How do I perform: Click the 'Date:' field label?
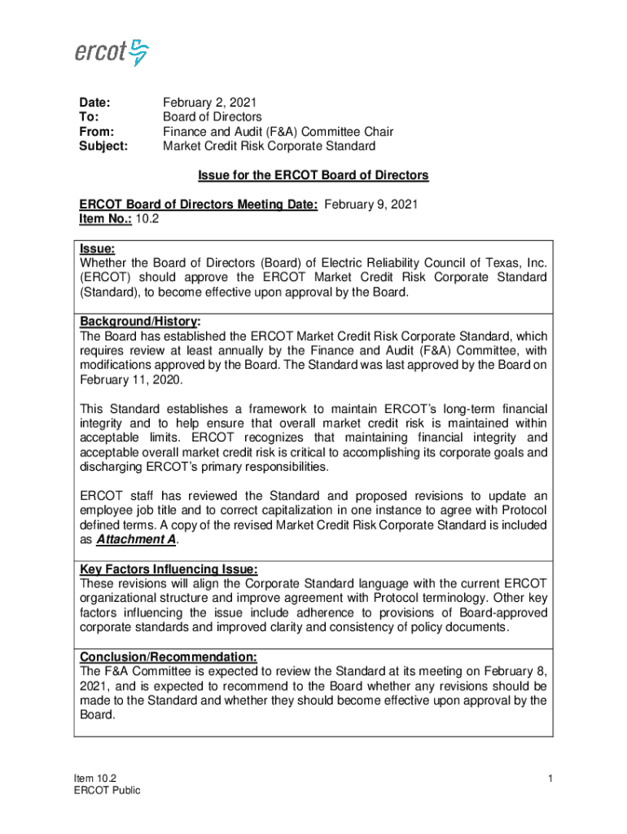(94, 103)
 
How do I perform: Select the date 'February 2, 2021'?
(209, 103)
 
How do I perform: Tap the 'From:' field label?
(96, 132)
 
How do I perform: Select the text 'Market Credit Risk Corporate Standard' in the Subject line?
(269, 147)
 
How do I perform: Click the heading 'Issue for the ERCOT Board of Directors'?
(313, 175)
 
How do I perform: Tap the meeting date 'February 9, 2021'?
(370, 205)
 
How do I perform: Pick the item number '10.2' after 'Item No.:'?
(147, 220)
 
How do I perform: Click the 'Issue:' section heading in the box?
(97, 248)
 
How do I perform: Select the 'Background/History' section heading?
(139, 322)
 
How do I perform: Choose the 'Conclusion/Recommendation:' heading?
(169, 656)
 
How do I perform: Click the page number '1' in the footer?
(550, 779)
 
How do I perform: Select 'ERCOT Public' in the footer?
(107, 791)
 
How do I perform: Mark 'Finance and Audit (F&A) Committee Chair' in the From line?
(278, 132)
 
